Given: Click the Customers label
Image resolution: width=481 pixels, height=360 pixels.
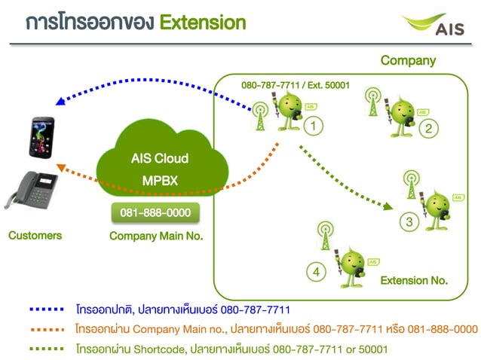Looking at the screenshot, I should (x=35, y=236).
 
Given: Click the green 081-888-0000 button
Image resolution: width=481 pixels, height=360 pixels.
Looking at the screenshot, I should (x=156, y=213).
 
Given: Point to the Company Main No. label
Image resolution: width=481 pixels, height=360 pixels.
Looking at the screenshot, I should (x=156, y=236).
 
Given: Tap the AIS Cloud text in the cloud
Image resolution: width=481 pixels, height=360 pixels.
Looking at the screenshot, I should (x=159, y=159).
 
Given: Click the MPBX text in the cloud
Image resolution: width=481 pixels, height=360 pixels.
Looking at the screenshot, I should (x=159, y=181).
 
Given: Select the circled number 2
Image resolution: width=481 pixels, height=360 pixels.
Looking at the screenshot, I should (x=428, y=129).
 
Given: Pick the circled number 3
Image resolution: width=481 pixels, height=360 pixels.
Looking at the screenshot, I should (x=409, y=222).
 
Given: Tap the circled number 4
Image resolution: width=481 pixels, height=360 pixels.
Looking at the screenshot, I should (x=317, y=270).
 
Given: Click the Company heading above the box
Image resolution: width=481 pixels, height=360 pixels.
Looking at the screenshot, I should (x=407, y=60).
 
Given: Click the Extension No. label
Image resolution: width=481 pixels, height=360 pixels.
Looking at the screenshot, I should (x=414, y=280).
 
